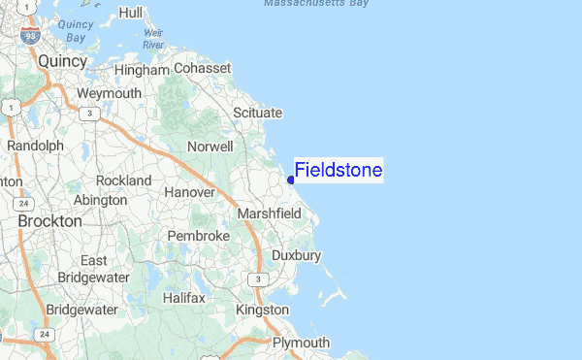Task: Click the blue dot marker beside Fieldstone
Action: pyautogui.click(x=291, y=180)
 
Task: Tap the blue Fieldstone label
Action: pyautogui.click(x=339, y=171)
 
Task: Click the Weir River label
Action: pyautogui.click(x=153, y=39)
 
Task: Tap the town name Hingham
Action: pyautogui.click(x=142, y=71)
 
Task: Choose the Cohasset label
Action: pyautogui.click(x=203, y=69)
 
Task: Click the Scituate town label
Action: pyautogui.click(x=257, y=114)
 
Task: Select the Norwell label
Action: pyautogui.click(x=210, y=147)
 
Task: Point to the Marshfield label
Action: pyautogui.click(x=271, y=213)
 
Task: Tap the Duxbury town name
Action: pyautogui.click(x=296, y=255)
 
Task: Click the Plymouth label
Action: pyautogui.click(x=301, y=343)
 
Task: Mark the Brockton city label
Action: pyautogui.click(x=49, y=221)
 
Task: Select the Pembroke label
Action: pyautogui.click(x=198, y=236)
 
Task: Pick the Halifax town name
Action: pyautogui.click(x=183, y=298)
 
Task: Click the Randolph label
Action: pyautogui.click(x=35, y=146)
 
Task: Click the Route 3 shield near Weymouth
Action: pyautogui.click(x=89, y=114)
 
